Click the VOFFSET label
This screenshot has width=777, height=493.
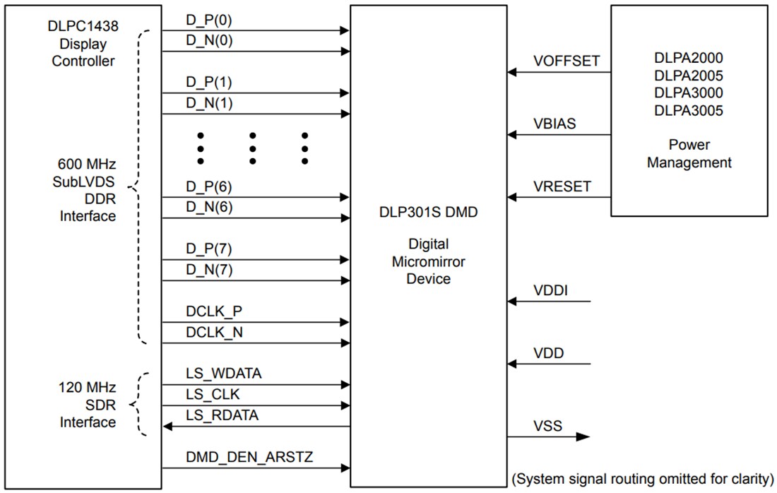567,61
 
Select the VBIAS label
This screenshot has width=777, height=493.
554,124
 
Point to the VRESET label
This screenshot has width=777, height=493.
562,186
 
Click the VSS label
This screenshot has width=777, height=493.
547,425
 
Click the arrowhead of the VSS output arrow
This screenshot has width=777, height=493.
583,436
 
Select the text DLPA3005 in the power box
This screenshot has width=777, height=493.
688,110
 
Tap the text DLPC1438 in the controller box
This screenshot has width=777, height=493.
82,26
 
